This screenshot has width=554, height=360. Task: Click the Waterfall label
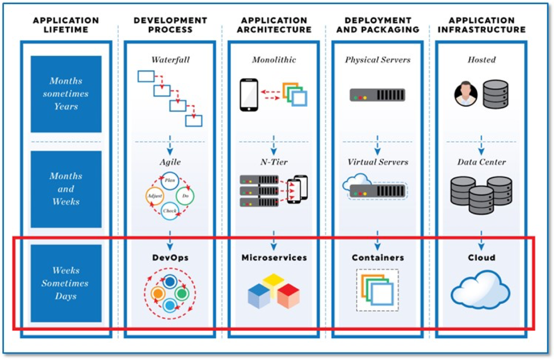(170, 60)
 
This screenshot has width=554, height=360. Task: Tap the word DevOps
(170, 257)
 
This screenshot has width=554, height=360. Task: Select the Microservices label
(274, 257)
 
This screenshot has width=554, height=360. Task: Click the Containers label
(378, 257)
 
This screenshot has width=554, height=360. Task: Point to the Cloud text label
(482, 257)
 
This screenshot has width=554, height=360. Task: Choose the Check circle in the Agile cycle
(169, 211)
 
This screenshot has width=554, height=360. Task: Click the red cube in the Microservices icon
(288, 296)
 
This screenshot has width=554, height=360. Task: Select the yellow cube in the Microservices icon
(273, 283)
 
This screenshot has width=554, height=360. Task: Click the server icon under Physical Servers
(377, 95)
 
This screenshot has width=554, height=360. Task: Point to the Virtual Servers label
(378, 162)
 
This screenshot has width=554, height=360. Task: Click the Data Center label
(482, 162)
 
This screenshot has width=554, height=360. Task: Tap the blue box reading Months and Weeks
(66, 189)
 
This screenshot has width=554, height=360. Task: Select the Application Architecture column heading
(274, 25)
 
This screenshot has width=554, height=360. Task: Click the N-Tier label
(274, 162)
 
